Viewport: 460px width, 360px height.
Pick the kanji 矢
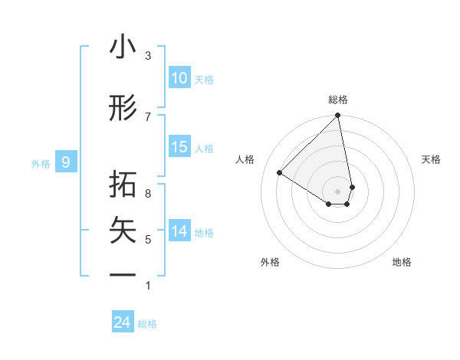click(123, 231)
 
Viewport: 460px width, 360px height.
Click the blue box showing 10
click(179, 78)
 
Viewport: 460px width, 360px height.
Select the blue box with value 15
click(179, 147)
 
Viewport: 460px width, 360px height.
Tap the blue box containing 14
click(179, 231)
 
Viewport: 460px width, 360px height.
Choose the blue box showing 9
click(67, 162)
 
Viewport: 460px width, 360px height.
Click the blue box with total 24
click(123, 322)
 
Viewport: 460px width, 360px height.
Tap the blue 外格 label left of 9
click(41, 163)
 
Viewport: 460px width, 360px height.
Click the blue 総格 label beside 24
click(148, 324)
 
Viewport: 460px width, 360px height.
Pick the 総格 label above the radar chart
click(338, 100)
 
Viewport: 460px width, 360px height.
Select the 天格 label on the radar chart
click(432, 159)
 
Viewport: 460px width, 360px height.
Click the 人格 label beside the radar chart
click(245, 159)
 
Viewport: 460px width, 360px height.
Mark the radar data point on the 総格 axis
click(338, 116)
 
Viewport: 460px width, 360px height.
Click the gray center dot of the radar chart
click(338, 191)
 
